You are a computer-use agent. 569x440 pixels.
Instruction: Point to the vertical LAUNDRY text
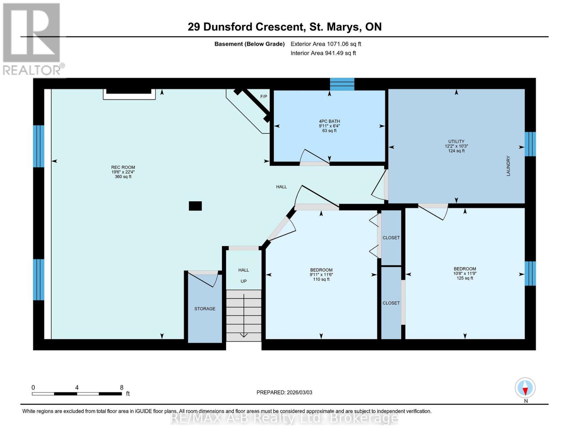pyautogui.click(x=508, y=166)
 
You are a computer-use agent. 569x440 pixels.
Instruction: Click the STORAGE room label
pyautogui.click(x=205, y=309)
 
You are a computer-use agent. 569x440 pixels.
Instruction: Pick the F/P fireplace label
pyautogui.click(x=263, y=96)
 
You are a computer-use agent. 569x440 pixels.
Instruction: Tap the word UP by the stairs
pyautogui.click(x=243, y=281)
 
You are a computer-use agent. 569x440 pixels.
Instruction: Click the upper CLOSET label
pyautogui.click(x=391, y=238)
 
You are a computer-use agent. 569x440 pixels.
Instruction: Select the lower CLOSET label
pyautogui.click(x=391, y=303)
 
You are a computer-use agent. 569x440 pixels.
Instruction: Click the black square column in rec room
pyautogui.click(x=195, y=206)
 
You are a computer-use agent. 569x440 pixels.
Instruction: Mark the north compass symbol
pyautogui.click(x=525, y=388)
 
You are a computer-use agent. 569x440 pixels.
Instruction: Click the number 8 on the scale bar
pyautogui.click(x=122, y=388)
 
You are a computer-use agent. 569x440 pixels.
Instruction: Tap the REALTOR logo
pyautogui.click(x=32, y=38)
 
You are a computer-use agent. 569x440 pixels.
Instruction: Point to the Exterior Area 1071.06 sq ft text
pyautogui.click(x=326, y=44)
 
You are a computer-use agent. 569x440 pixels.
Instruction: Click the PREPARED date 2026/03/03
pyautogui.click(x=284, y=392)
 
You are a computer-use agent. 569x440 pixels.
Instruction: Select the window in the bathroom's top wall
pyautogui.click(x=342, y=84)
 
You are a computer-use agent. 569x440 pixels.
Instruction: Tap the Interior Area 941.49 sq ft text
pyautogui.click(x=323, y=53)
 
